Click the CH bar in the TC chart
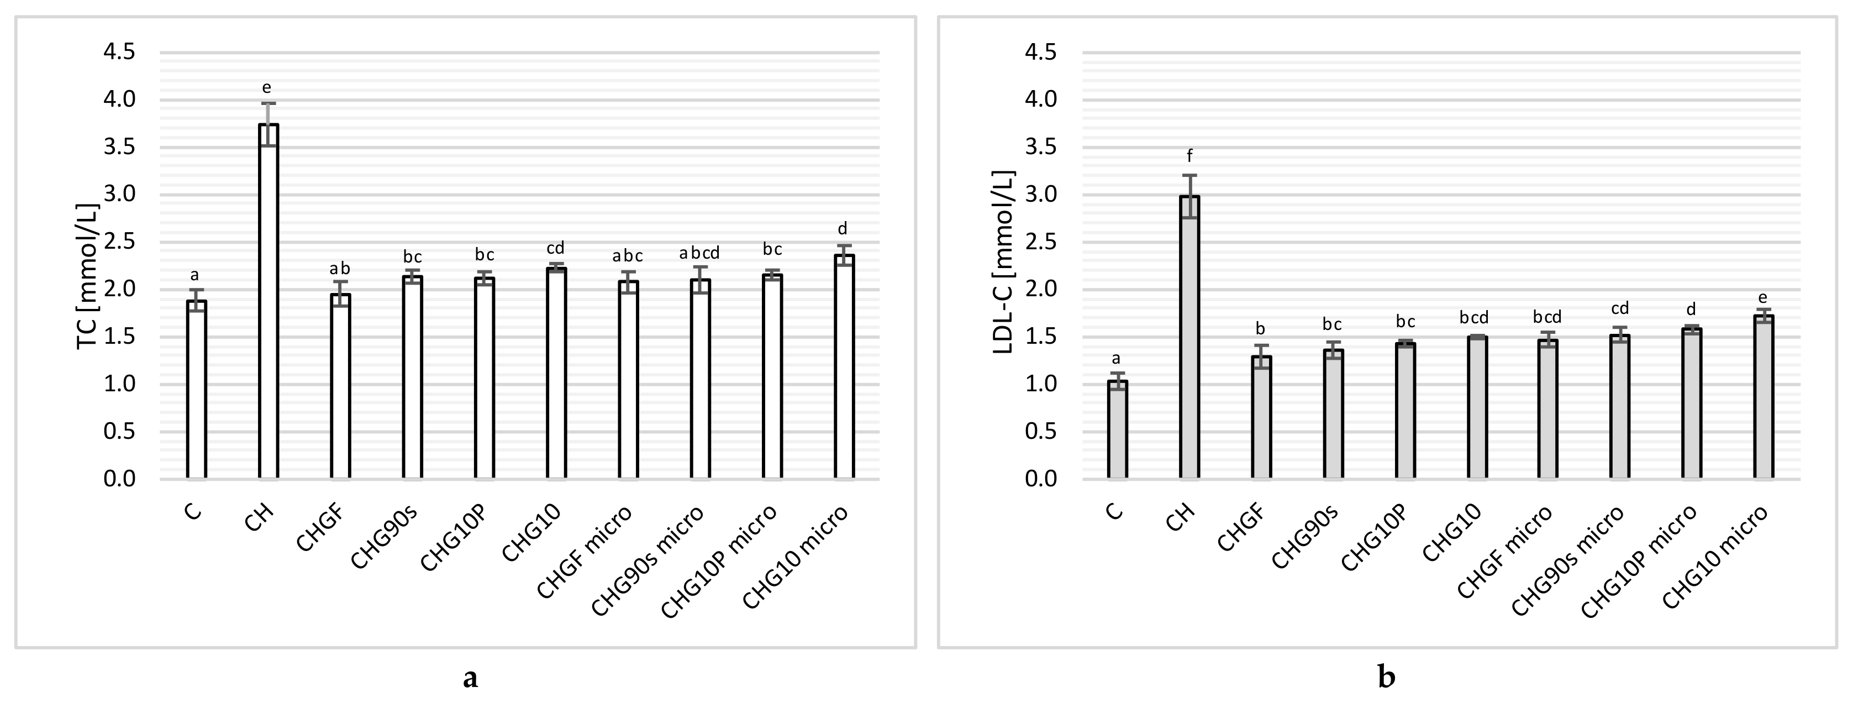tap(269, 302)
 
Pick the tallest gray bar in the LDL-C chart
tap(1189, 338)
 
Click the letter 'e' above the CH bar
tap(266, 88)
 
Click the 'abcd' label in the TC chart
tap(699, 253)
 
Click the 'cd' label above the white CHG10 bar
tap(555, 249)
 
